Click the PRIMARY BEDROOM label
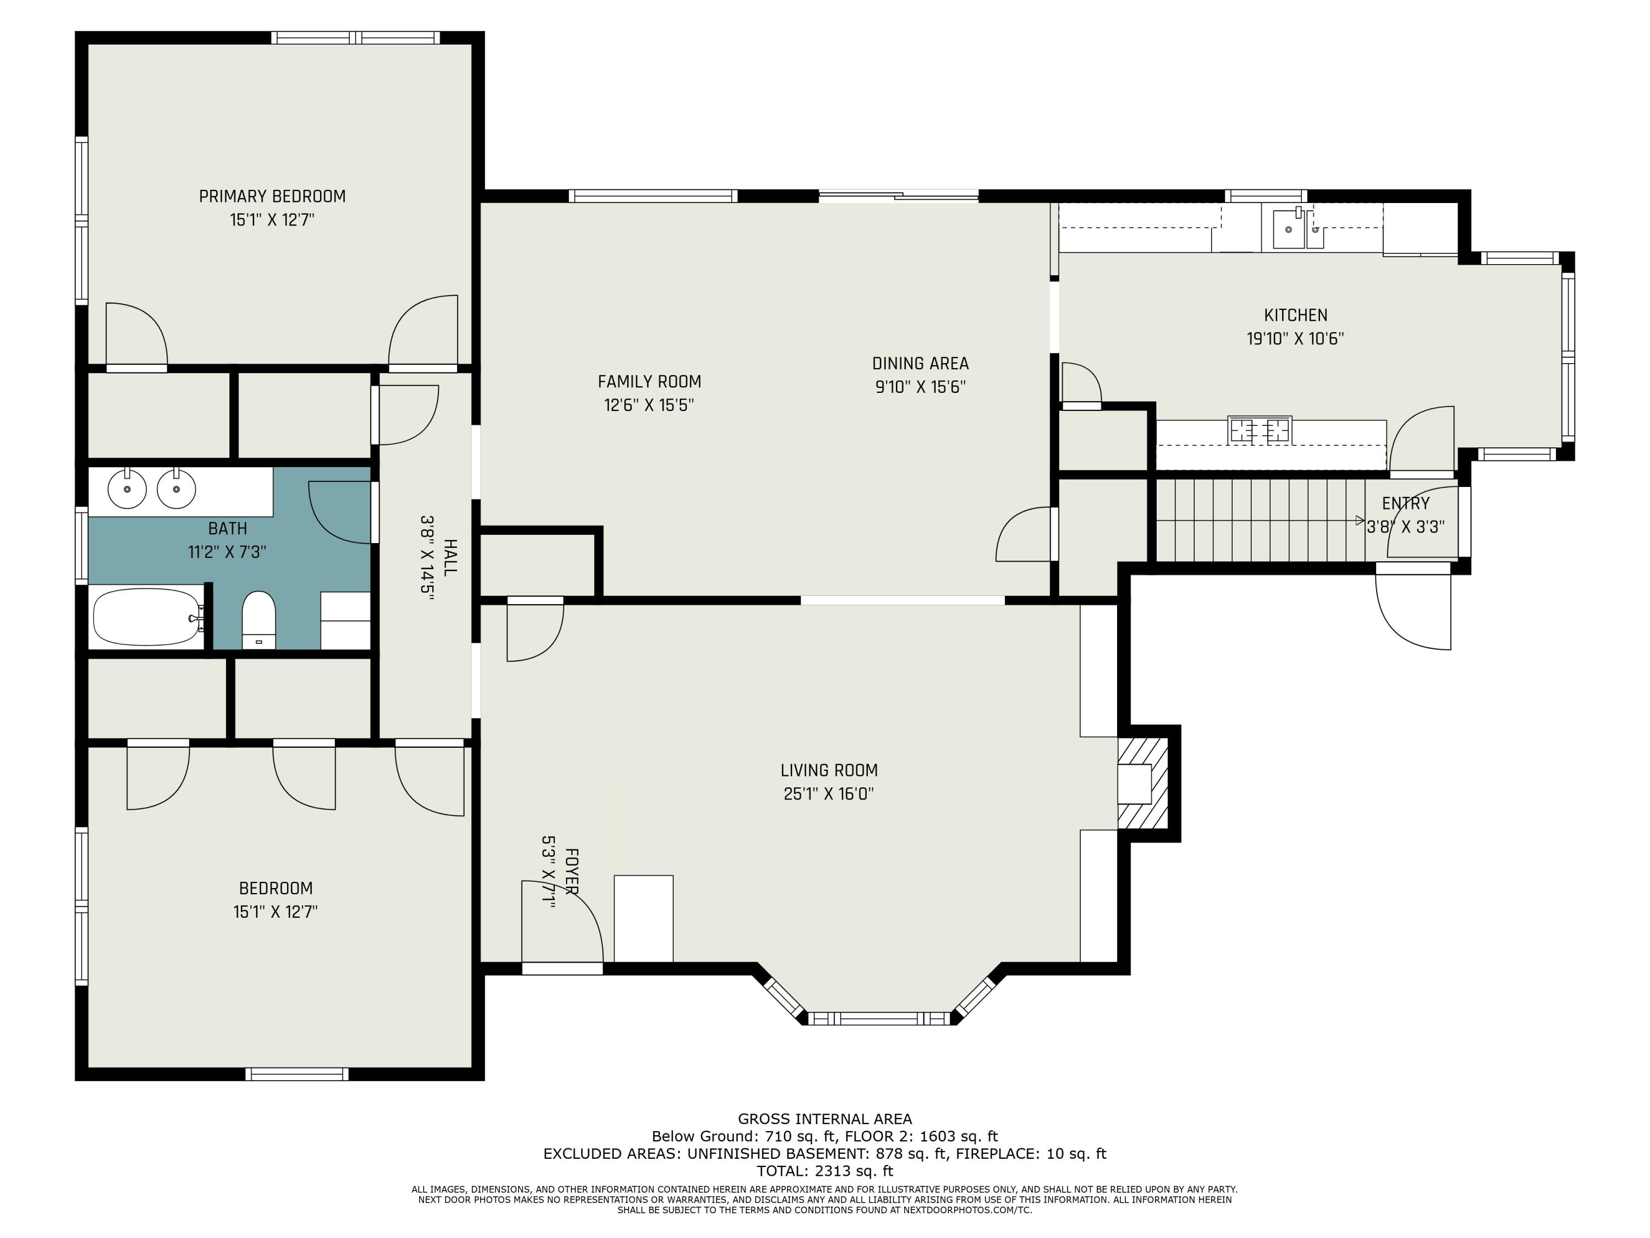click(x=272, y=196)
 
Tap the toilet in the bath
click(x=259, y=621)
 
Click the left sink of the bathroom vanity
click(x=128, y=489)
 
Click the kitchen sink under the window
click(x=1288, y=228)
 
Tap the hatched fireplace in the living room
click(x=1142, y=784)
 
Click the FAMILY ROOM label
click(x=649, y=381)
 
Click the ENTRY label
click(x=1405, y=503)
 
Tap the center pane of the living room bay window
click(x=879, y=1018)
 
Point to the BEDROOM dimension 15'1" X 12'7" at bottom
click(x=275, y=912)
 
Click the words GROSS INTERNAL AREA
click(x=824, y=1119)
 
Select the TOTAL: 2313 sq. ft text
click(x=824, y=1171)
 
